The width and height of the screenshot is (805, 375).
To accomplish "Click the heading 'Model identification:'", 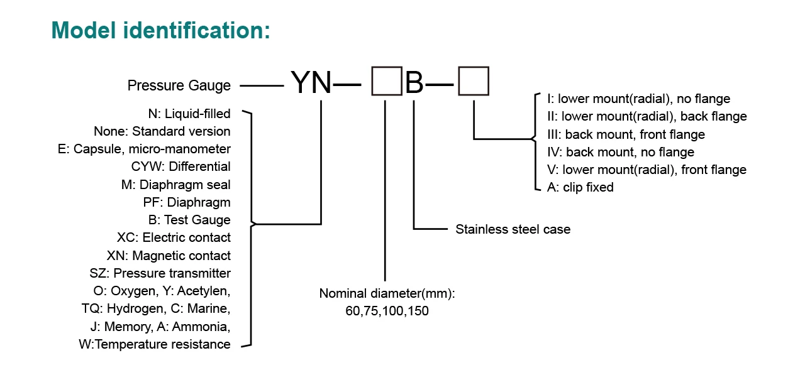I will coord(160,31).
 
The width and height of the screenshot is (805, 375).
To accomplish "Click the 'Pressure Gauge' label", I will coord(179,85).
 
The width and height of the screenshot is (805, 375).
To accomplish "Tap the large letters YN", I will coord(311,82).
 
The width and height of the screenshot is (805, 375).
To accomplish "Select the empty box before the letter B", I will coord(387,82).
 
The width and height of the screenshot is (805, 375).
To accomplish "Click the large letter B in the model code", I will coord(414,82).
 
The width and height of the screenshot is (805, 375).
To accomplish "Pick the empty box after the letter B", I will coord(473,82).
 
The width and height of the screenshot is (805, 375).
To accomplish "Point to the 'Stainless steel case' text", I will coord(513,229).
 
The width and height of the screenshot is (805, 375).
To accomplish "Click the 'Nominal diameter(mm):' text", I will coord(387,293).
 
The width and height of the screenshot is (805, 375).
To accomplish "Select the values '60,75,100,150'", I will coord(387,310).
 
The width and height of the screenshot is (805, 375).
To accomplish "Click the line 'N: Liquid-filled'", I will coord(189,114).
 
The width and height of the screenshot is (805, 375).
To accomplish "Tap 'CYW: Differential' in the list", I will coord(181,166).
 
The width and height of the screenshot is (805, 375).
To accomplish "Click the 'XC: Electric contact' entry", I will coord(174,237).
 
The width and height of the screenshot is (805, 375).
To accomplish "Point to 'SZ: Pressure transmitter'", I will coord(160,273).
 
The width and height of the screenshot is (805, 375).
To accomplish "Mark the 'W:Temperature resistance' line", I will coord(155,344).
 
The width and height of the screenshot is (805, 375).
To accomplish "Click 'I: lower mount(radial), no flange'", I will coord(639,99).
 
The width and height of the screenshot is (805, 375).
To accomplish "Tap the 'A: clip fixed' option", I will coord(580,187).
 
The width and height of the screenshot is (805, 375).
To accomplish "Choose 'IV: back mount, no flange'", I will coord(621,152).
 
